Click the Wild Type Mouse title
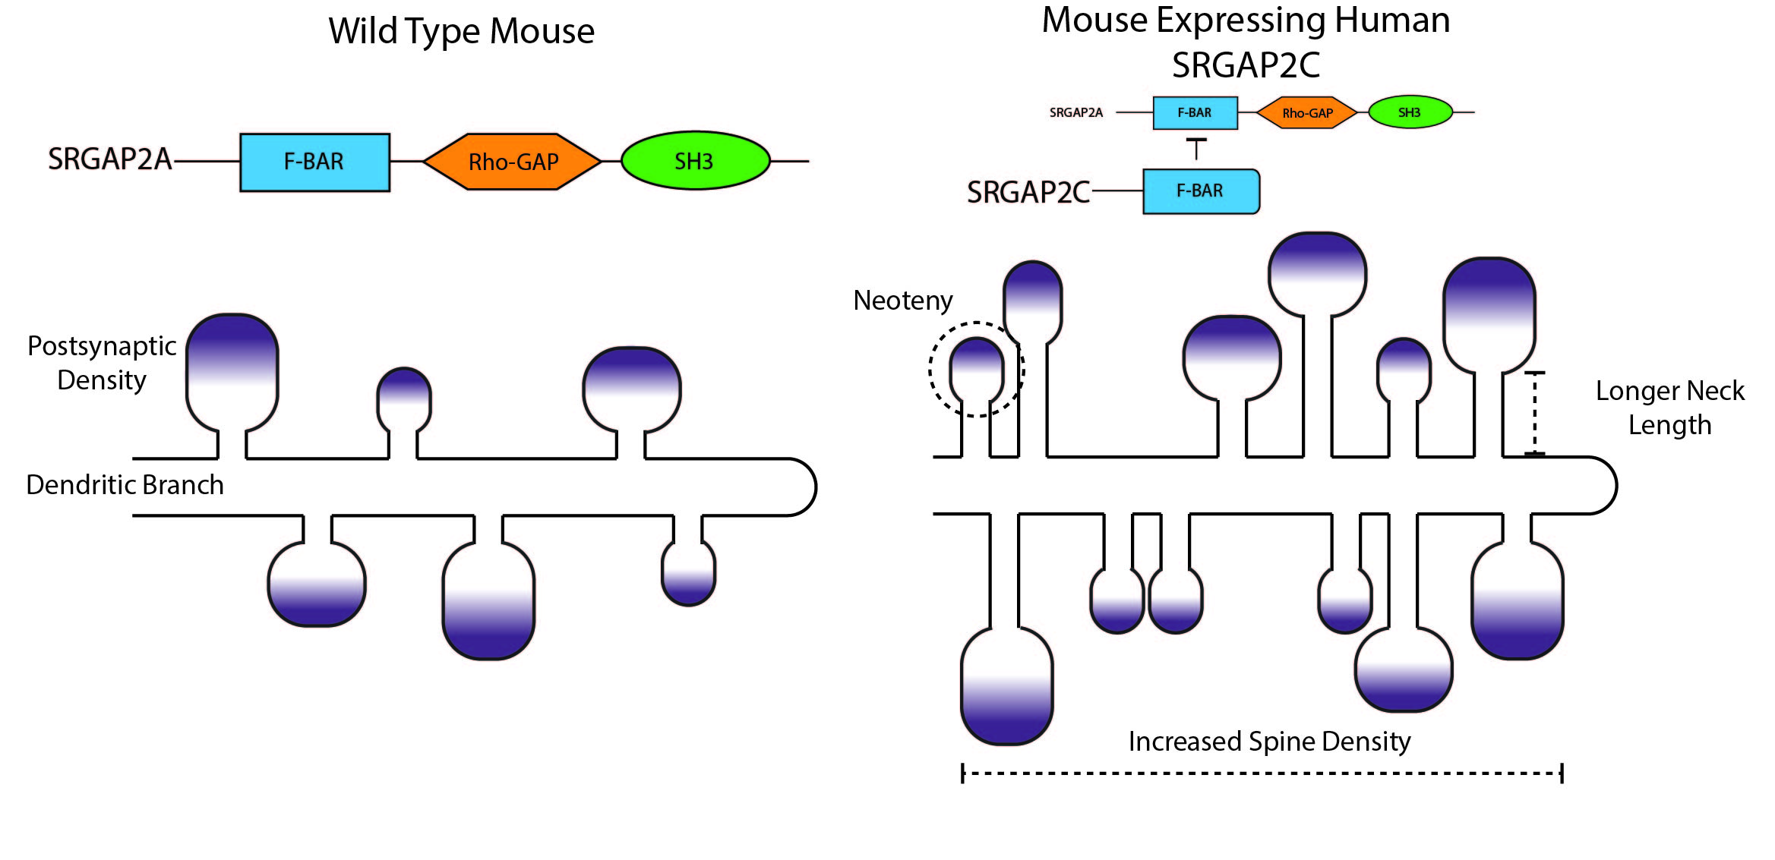point(461,32)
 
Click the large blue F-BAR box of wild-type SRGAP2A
point(314,162)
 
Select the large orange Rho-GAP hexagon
point(513,162)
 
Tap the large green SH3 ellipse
point(695,161)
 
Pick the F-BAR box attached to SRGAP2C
point(1200,191)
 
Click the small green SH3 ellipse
point(1410,112)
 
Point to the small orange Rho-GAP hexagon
point(1307,113)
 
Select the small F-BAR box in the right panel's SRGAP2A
point(1195,113)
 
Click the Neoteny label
point(902,301)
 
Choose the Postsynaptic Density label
point(102,363)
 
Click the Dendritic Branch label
point(125,485)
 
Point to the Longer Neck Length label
point(1669,408)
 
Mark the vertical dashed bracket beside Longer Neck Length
point(1534,414)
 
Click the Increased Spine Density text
point(1269,742)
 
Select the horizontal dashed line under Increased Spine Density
point(1262,773)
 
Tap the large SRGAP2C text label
point(1028,193)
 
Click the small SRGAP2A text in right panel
point(1075,113)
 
